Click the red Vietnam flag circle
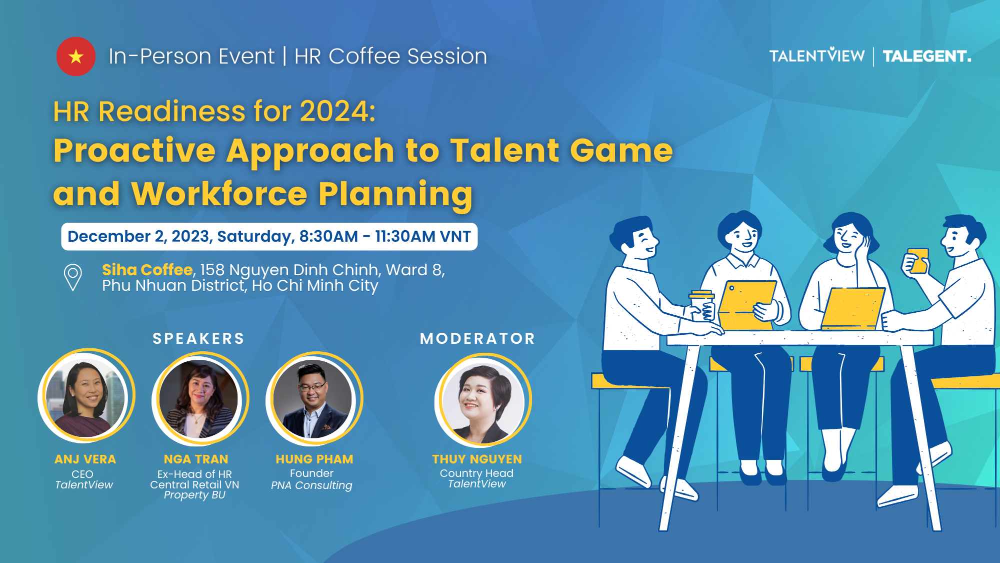point(76,57)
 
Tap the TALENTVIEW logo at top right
point(817,56)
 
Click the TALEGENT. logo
point(927,56)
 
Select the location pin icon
point(73,277)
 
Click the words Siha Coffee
point(147,270)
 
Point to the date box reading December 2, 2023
point(269,236)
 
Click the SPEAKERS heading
point(198,339)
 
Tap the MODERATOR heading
point(477,339)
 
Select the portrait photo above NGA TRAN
point(200,398)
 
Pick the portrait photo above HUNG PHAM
point(314,398)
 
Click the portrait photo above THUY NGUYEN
point(483,400)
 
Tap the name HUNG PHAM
point(314,459)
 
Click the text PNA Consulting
point(311,485)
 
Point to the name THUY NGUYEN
point(477,459)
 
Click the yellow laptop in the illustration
point(852,309)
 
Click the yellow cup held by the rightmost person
point(918,261)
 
